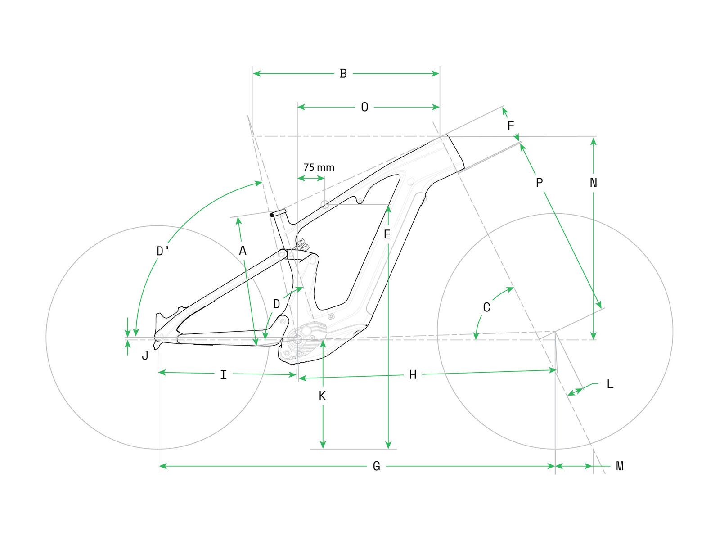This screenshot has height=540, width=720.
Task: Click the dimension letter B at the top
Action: (x=343, y=73)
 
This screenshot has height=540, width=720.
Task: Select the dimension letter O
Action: (x=364, y=107)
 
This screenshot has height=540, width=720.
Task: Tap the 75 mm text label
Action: (x=319, y=167)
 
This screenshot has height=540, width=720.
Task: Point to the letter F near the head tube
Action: (x=510, y=126)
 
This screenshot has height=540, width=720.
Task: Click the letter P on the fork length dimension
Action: (x=539, y=183)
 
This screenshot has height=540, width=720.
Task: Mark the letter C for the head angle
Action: (x=486, y=308)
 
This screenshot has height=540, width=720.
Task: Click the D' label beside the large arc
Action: (x=162, y=252)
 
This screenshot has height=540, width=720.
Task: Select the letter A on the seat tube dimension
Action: (x=243, y=251)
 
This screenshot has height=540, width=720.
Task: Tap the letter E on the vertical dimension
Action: (x=387, y=234)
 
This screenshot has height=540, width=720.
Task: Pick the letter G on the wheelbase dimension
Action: (x=377, y=466)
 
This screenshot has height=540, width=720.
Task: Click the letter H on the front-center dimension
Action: (x=413, y=375)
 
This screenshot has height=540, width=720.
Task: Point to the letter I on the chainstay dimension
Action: (x=224, y=374)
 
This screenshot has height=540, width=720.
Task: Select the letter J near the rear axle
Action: (x=145, y=355)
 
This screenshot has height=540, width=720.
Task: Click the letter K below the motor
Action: (x=322, y=396)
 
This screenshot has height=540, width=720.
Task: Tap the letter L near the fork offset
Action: (x=610, y=384)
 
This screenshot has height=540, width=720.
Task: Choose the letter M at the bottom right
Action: (x=620, y=466)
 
